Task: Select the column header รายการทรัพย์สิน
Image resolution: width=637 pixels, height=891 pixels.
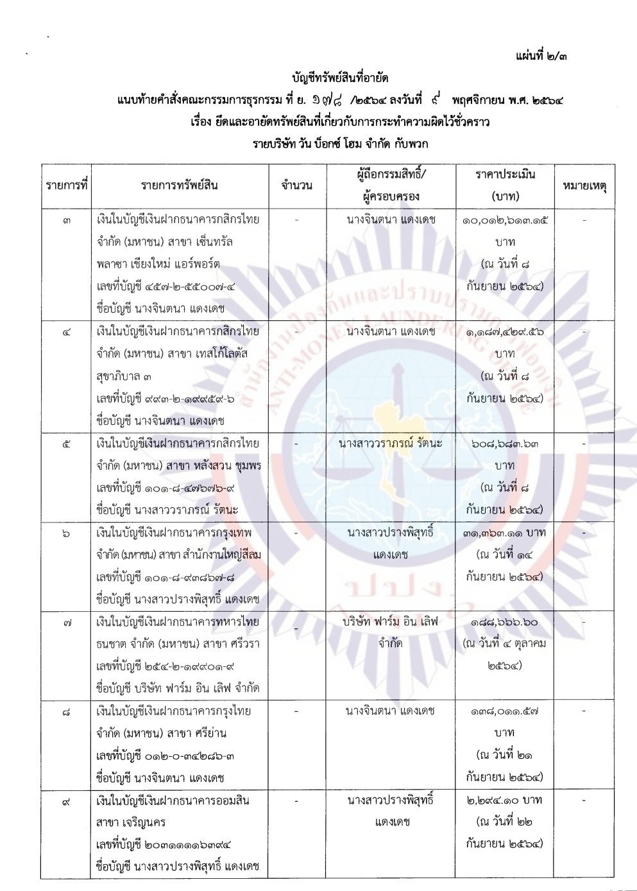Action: coord(180,186)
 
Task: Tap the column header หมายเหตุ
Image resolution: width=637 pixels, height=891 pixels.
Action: coord(584,186)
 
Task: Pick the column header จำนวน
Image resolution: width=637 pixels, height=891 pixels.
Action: coord(296,186)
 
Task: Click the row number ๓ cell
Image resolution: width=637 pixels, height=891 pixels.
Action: coord(67,220)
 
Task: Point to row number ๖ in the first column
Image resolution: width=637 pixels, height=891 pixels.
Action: coord(67,533)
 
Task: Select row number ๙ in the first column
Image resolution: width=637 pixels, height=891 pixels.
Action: coord(67,800)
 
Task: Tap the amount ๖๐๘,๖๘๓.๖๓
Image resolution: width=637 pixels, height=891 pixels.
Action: coord(505,443)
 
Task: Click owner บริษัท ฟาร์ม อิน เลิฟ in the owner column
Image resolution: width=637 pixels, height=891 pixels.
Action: coord(391,621)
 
